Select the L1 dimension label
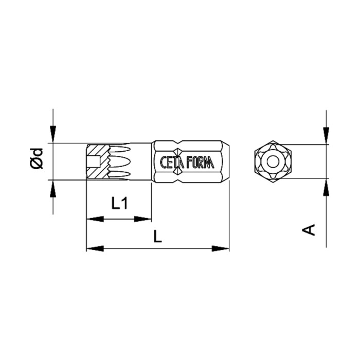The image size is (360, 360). pyautogui.click(x=119, y=204)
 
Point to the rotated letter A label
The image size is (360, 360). pyautogui.click(x=309, y=229)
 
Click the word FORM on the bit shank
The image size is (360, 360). pyautogui.click(x=201, y=162)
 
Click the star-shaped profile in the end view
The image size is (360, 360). pyautogui.click(x=273, y=161)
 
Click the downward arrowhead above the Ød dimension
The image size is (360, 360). pyautogui.click(x=53, y=135)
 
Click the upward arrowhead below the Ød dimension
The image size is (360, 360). pyautogui.click(x=53, y=188)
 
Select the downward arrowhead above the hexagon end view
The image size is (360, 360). pyautogui.click(x=327, y=136)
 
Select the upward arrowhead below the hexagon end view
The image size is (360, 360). pyautogui.click(x=327, y=187)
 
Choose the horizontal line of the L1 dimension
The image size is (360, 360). pyautogui.click(x=119, y=219)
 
